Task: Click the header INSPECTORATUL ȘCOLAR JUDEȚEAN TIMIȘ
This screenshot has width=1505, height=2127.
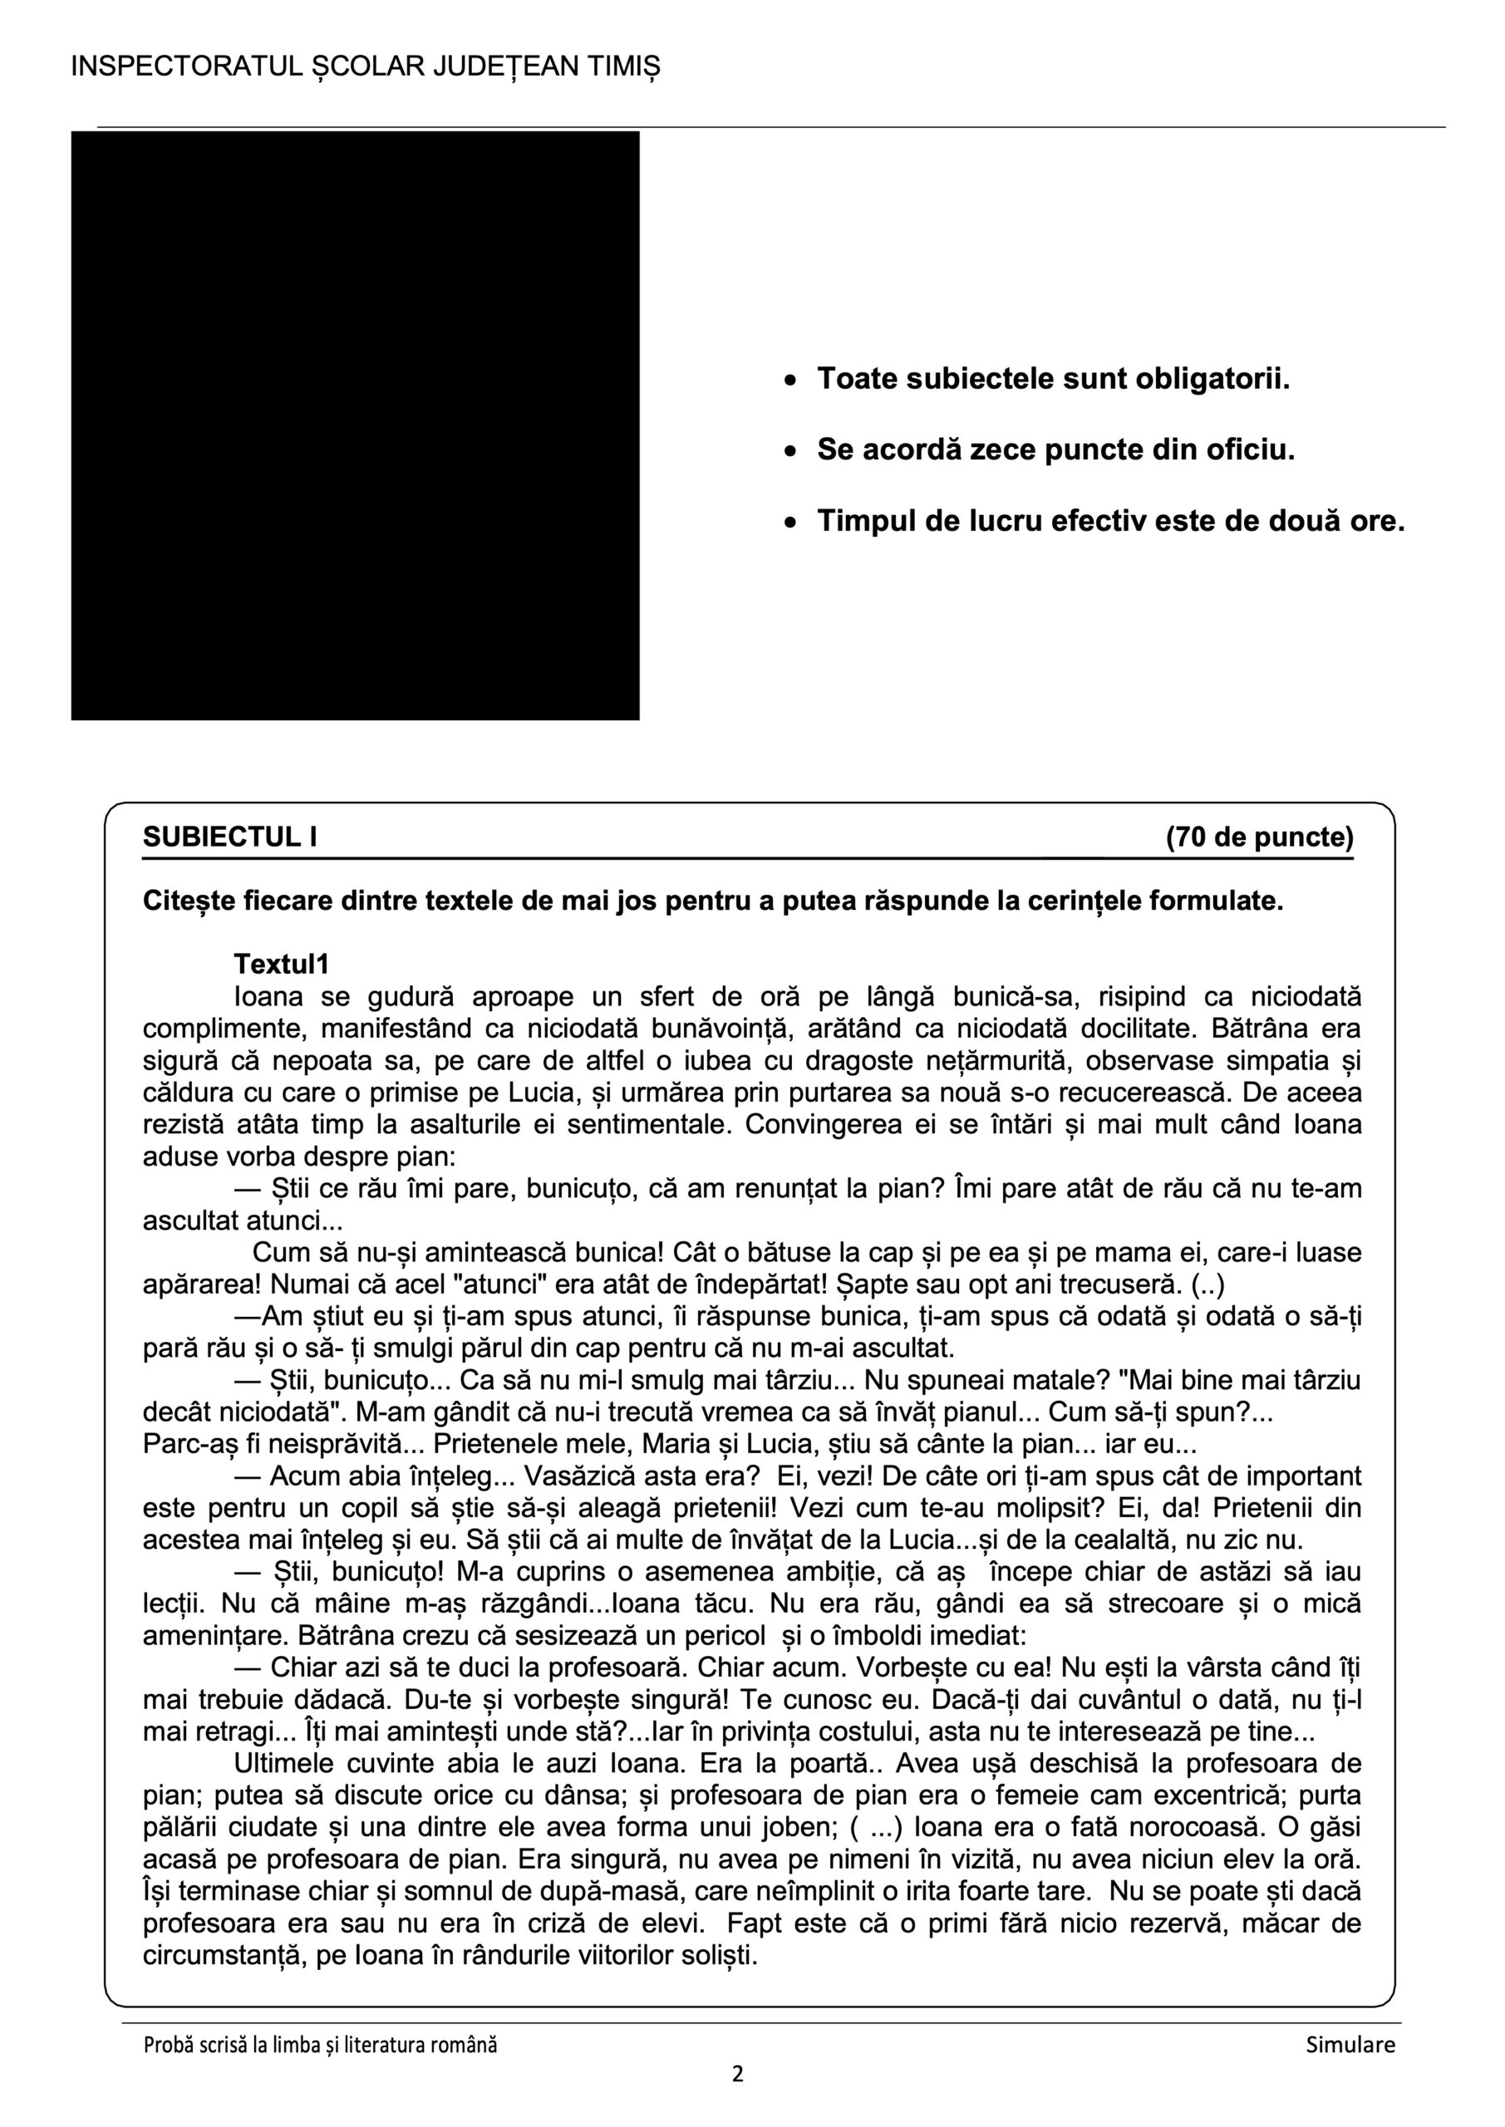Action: coord(365,66)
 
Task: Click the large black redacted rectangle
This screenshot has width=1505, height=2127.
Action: coord(355,425)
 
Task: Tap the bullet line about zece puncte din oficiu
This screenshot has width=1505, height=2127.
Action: coord(1055,450)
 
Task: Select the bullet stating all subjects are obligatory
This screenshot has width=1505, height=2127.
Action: coord(1053,379)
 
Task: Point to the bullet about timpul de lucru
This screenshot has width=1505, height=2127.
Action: coord(1110,522)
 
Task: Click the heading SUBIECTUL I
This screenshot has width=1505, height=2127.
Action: coord(230,838)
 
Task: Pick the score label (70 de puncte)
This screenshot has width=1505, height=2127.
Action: coord(1259,838)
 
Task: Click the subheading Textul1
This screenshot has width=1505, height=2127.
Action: coord(282,965)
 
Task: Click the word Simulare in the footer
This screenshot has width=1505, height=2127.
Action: coord(1350,2046)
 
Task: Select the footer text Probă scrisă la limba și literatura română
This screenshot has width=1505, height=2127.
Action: coord(320,2046)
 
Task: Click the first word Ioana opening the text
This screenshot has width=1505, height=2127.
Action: coord(267,998)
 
